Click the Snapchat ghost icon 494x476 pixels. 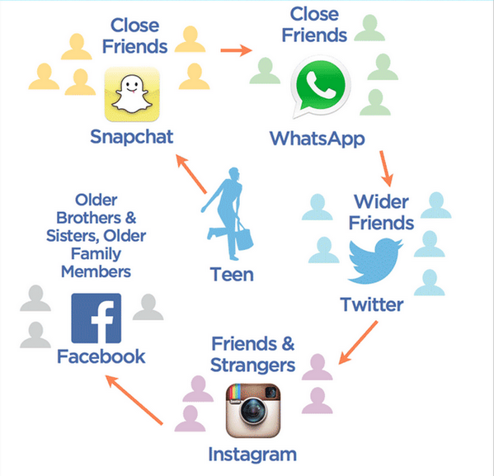132,94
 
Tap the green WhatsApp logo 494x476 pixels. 320,87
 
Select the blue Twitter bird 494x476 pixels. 375,261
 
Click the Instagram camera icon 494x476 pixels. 253,411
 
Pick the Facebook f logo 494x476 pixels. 96,318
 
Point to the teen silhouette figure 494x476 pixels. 227,214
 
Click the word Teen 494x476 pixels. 232,274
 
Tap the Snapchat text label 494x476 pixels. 132,137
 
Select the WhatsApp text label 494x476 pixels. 318,139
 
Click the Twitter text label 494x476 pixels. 372,304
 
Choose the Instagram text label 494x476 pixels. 252,455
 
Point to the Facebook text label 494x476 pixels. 101,356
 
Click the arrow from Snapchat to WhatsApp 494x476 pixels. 237,50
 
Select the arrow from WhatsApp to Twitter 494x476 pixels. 386,168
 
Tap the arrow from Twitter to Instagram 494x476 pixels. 358,342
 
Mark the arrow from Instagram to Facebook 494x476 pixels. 134,400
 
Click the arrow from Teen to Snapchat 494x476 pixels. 191,174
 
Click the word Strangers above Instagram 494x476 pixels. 252,365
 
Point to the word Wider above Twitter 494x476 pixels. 381,202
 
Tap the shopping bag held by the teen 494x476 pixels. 244,238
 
